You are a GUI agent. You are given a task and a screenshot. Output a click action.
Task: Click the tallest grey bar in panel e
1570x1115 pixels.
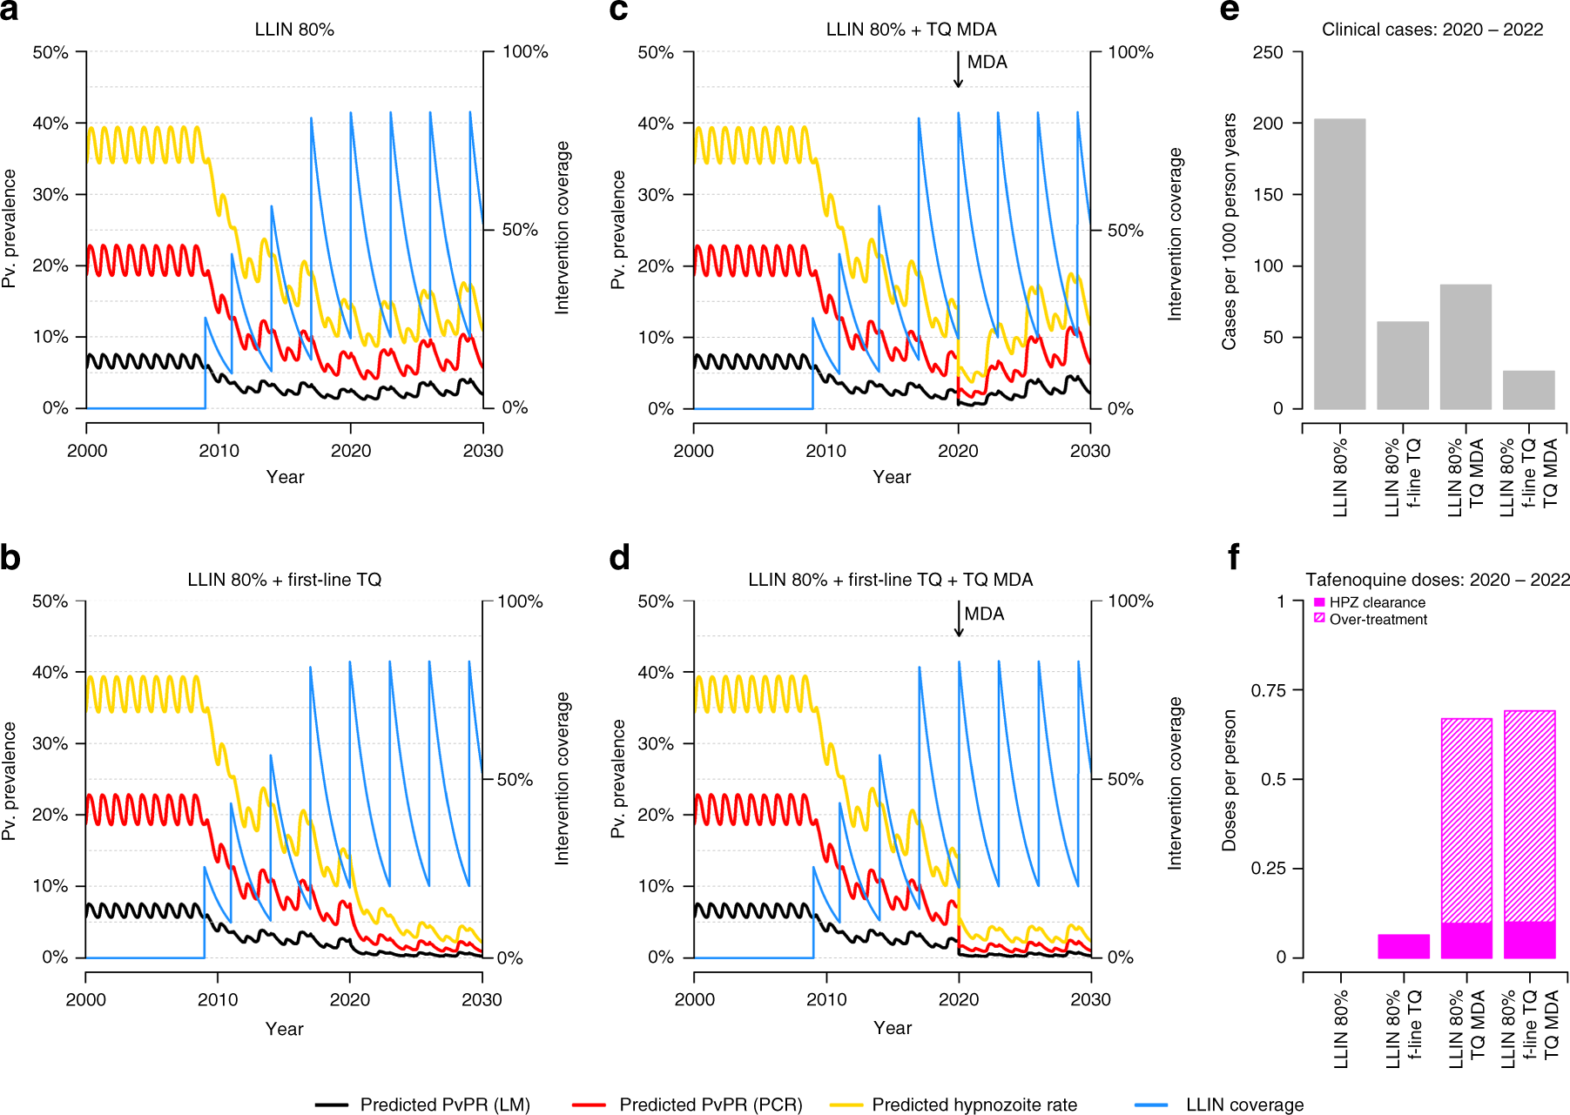[x=1339, y=264]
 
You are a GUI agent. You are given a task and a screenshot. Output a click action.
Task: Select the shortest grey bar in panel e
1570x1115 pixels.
[x=1528, y=390]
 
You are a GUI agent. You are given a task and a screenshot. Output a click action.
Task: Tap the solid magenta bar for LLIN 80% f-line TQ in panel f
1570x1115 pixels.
[x=1403, y=946]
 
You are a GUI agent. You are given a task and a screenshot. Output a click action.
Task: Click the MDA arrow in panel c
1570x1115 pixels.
[x=958, y=70]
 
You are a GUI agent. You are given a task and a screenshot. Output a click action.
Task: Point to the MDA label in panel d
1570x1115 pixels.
[x=984, y=614]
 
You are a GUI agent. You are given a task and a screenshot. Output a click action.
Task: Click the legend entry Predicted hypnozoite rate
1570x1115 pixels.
[x=974, y=1105]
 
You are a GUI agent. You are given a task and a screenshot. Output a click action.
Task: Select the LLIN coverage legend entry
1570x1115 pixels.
[x=1243, y=1105]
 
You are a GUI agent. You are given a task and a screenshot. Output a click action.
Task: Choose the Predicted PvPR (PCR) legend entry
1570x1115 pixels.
[x=710, y=1105]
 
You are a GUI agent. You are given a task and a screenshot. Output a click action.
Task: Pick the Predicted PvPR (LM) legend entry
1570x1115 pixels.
[x=444, y=1105]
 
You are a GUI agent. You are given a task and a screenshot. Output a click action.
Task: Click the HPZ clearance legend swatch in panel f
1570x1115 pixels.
[x=1319, y=602]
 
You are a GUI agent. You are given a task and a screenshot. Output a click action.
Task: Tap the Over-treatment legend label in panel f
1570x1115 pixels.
[x=1378, y=620]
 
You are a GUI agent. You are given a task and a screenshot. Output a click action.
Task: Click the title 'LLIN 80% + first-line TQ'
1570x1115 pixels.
[x=285, y=580]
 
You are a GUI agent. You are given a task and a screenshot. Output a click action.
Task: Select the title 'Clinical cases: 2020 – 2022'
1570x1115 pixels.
[x=1432, y=30]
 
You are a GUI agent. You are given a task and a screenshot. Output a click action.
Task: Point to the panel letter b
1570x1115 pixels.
[x=10, y=558]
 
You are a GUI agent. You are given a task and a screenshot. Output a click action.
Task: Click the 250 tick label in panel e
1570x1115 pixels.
[x=1268, y=52]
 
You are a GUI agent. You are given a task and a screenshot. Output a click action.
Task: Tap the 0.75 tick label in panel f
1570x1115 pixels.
[x=1268, y=690]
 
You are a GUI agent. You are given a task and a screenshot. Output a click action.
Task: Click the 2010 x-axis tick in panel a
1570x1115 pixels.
[x=219, y=451]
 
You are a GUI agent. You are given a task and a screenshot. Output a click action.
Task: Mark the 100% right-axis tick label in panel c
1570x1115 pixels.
[x=1130, y=52]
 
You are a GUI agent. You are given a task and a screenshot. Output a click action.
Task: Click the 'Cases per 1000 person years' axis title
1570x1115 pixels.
[x=1230, y=232]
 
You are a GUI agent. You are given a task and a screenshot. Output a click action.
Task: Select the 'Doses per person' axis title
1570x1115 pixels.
[x=1230, y=780]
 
